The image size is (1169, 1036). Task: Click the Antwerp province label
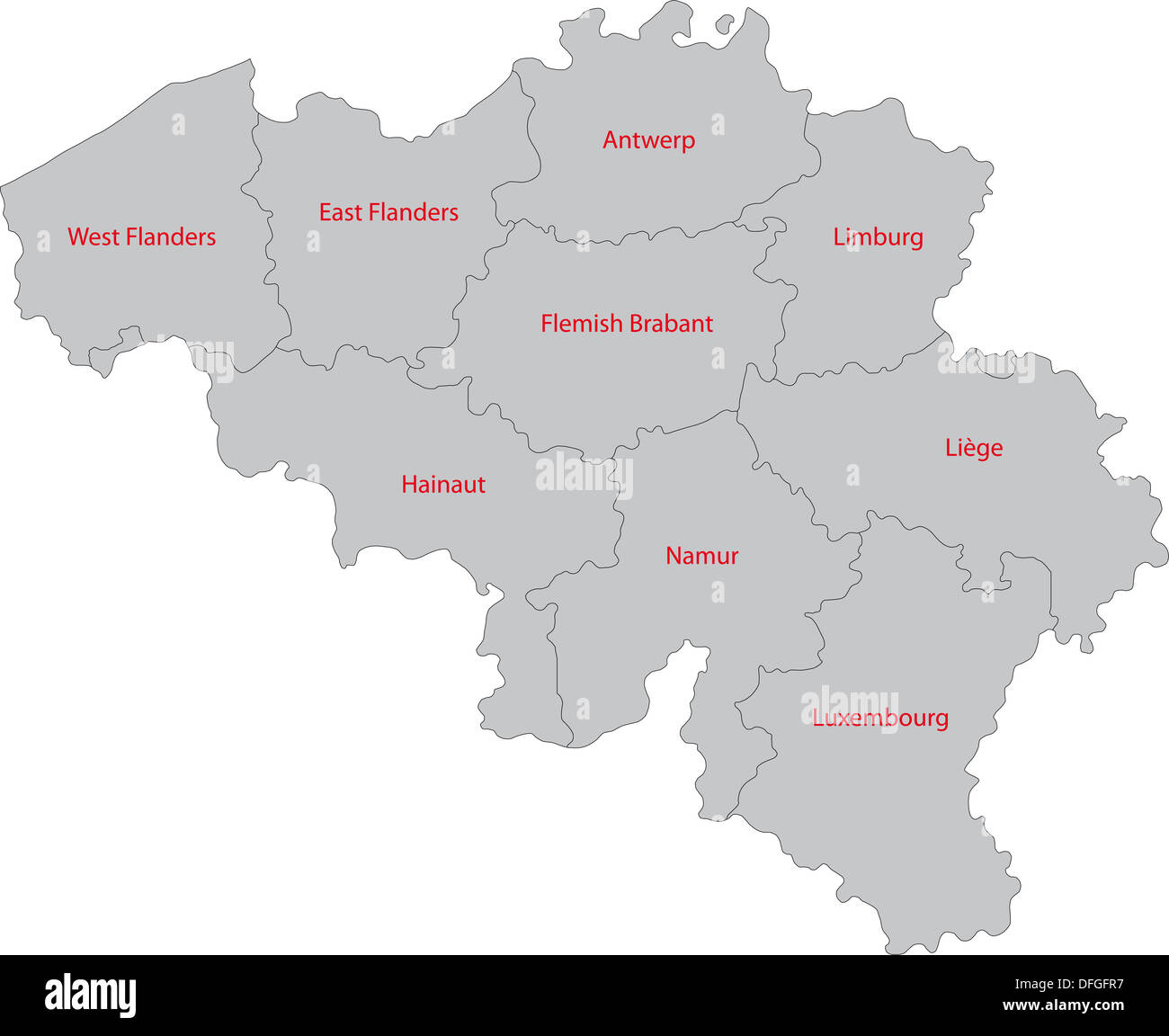click(x=648, y=141)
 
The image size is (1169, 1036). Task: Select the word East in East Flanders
click(x=340, y=213)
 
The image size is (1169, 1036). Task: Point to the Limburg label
click(x=878, y=237)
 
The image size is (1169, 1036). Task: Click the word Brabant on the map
click(x=671, y=324)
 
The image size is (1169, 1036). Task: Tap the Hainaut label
click(x=443, y=485)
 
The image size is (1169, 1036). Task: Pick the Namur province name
click(x=701, y=556)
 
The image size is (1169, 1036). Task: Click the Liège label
click(x=974, y=448)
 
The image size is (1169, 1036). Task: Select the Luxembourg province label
click(x=880, y=719)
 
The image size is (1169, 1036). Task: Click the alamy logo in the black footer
click(x=91, y=995)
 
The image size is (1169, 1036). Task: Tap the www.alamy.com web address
click(x=1063, y=1005)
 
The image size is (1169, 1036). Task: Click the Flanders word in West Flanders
click(x=171, y=237)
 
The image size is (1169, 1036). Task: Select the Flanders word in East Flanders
click(x=413, y=213)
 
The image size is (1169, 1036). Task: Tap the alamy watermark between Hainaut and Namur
click(x=584, y=474)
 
